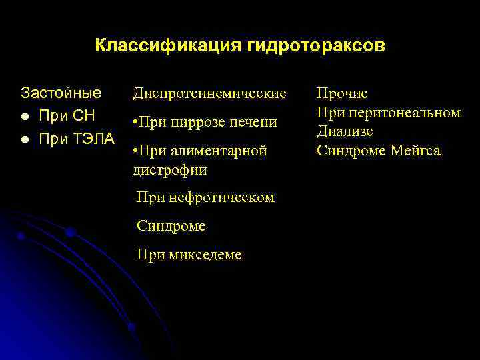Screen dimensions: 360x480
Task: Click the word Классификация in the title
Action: [168, 46]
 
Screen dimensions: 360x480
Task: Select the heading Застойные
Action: [61, 92]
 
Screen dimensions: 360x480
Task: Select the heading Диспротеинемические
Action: [209, 93]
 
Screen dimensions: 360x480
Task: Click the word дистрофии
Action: [170, 170]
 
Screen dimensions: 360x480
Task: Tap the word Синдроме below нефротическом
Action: [171, 226]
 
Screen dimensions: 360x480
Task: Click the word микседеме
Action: [207, 255]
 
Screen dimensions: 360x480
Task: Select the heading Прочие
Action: [341, 93]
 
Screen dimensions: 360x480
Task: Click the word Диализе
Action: [344, 131]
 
